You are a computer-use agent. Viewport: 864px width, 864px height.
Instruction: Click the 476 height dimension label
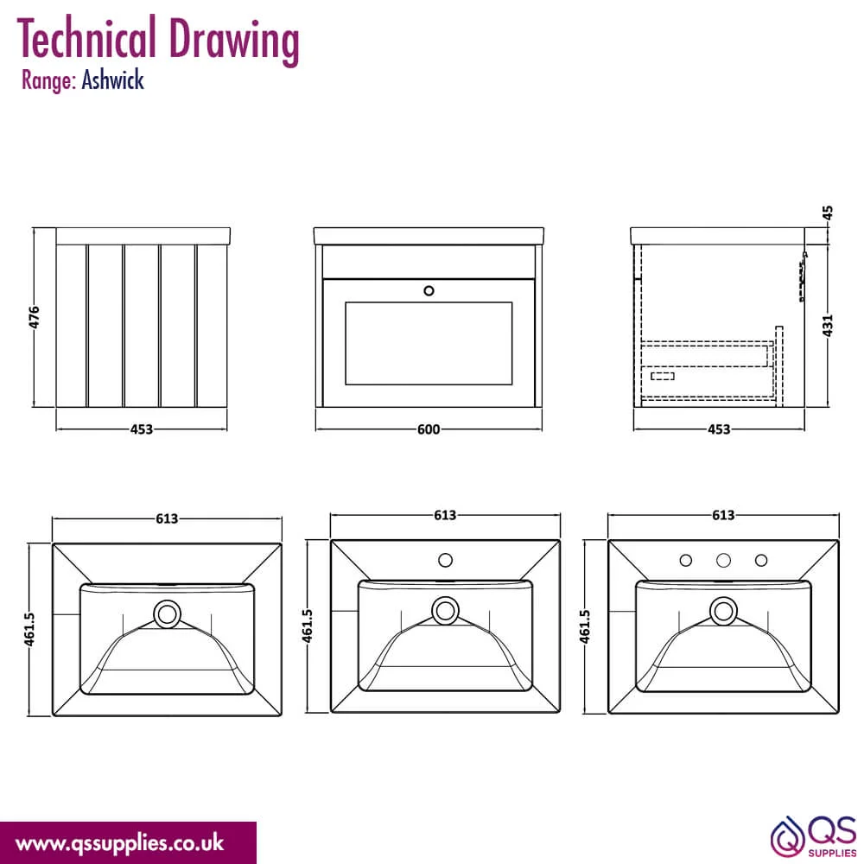tap(35, 317)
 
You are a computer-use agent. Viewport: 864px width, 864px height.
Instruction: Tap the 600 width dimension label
tap(429, 429)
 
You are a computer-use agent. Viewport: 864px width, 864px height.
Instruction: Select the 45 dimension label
tap(827, 213)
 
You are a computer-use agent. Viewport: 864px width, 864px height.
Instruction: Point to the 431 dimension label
tap(827, 326)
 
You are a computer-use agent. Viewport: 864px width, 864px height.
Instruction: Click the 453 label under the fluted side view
tap(142, 429)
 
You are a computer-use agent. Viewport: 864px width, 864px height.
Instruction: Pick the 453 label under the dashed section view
tap(719, 429)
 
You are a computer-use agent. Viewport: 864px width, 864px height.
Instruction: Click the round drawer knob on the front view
tap(429, 290)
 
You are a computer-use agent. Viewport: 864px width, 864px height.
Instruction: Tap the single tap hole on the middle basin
tap(445, 561)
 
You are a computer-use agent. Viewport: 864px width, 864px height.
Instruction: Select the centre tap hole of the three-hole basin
tap(723, 561)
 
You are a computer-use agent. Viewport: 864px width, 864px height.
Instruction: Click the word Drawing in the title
tap(233, 40)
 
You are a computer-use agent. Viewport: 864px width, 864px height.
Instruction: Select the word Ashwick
tap(113, 80)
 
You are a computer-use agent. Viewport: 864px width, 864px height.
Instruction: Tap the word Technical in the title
tap(86, 36)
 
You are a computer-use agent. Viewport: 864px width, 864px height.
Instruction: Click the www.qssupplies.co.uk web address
tap(119, 843)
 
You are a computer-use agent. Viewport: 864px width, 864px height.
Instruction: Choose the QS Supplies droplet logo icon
tap(787, 837)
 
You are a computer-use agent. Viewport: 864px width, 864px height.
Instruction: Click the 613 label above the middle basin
tap(445, 515)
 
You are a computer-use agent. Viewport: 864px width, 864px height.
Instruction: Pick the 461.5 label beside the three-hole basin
tap(585, 626)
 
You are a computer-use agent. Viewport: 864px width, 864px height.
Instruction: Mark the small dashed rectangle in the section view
tap(663, 376)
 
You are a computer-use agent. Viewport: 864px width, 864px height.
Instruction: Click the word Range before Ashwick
tap(48, 81)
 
